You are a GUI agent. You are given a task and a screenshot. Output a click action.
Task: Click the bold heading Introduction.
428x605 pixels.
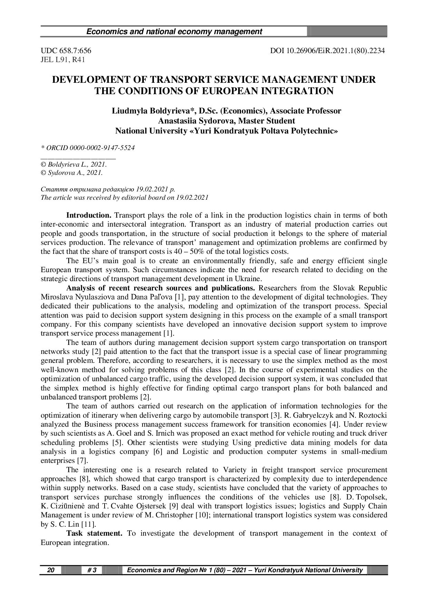point(89,216)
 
